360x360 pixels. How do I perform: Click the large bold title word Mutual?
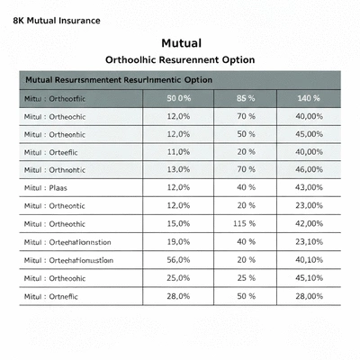(x=180, y=43)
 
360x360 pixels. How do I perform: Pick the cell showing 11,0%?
(x=179, y=152)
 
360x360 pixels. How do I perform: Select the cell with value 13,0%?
(x=179, y=170)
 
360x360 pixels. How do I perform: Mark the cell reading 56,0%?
(x=179, y=260)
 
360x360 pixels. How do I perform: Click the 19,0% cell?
(x=179, y=242)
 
